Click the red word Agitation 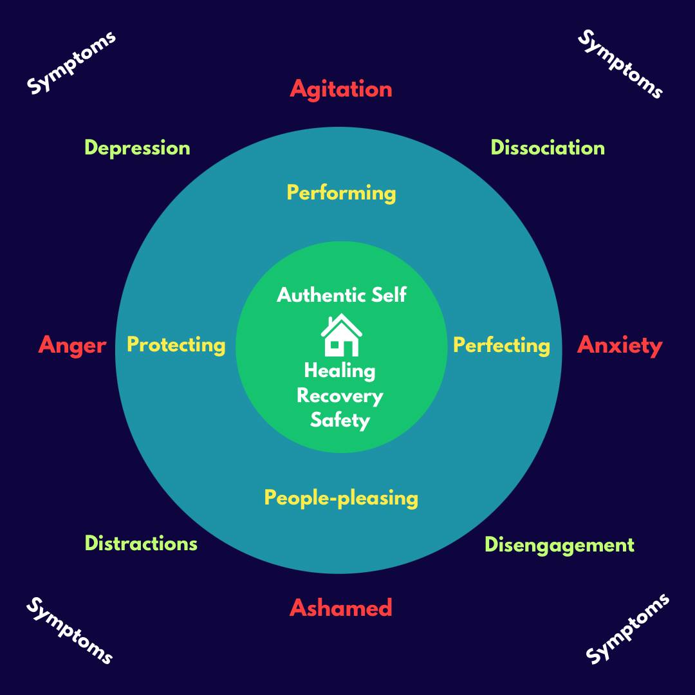tap(340, 89)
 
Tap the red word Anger tap(72, 346)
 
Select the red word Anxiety tap(619, 346)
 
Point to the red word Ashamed tap(340, 608)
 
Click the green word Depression tap(137, 148)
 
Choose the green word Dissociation tap(547, 148)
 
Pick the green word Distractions tap(141, 544)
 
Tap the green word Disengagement tap(559, 545)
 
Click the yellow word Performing tap(341, 193)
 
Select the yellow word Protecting tap(176, 345)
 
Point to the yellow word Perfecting tap(501, 346)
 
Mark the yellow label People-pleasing tap(341, 498)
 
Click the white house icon tap(341, 335)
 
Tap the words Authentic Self tap(341, 295)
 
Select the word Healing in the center tap(339, 371)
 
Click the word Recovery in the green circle tap(339, 396)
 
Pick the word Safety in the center tap(340, 420)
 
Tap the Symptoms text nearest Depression tap(71, 62)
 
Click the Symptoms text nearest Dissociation tap(620, 64)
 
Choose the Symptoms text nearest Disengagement tap(627, 629)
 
